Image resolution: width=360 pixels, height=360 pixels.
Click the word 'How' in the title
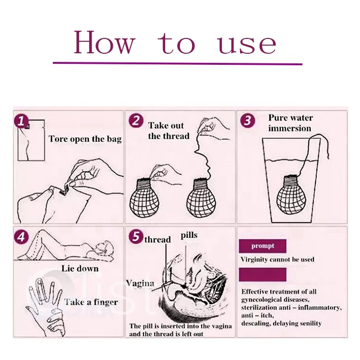104,43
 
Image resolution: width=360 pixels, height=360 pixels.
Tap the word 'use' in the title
248,44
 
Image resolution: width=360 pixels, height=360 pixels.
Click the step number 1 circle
21,121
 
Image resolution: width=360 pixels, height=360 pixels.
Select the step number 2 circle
136,121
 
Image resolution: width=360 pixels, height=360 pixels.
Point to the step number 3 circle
248,120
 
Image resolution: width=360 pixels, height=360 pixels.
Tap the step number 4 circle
21,237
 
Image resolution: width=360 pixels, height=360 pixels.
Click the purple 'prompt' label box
263,246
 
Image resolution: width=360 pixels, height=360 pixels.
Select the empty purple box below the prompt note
263,275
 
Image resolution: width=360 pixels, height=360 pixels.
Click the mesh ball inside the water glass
291,195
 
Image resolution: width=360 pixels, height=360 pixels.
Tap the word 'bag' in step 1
114,139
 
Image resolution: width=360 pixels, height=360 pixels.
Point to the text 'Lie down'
80,268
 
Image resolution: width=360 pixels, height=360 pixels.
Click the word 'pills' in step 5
189,236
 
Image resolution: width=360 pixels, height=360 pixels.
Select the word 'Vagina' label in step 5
140,284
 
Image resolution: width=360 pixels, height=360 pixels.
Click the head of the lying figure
106,248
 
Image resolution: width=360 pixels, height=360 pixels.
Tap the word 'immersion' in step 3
290,128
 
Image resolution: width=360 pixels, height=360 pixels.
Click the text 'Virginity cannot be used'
277,259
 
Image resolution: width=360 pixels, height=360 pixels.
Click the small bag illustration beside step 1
31,140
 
